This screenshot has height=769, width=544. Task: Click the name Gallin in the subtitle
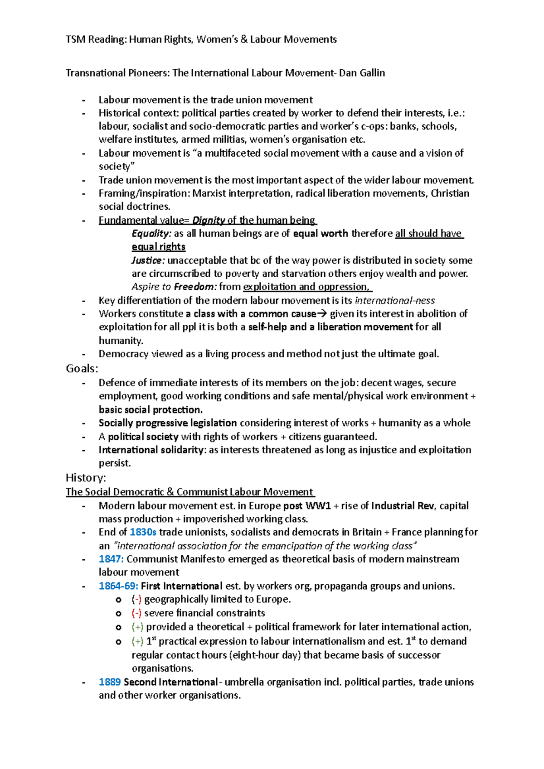click(372, 73)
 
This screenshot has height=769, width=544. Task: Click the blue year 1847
click(111, 559)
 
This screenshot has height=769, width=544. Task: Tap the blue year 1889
click(110, 682)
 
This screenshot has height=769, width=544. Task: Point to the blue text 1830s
click(143, 532)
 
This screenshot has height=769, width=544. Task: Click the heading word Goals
click(81, 369)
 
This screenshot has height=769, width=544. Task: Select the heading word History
click(85, 478)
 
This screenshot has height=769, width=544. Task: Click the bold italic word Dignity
click(209, 221)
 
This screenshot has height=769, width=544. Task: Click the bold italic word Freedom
click(194, 287)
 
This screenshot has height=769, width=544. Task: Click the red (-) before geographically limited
click(136, 600)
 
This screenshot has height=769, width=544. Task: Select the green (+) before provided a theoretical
click(137, 627)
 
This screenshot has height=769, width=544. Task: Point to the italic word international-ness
click(394, 301)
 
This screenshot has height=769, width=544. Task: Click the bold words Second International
click(170, 682)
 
